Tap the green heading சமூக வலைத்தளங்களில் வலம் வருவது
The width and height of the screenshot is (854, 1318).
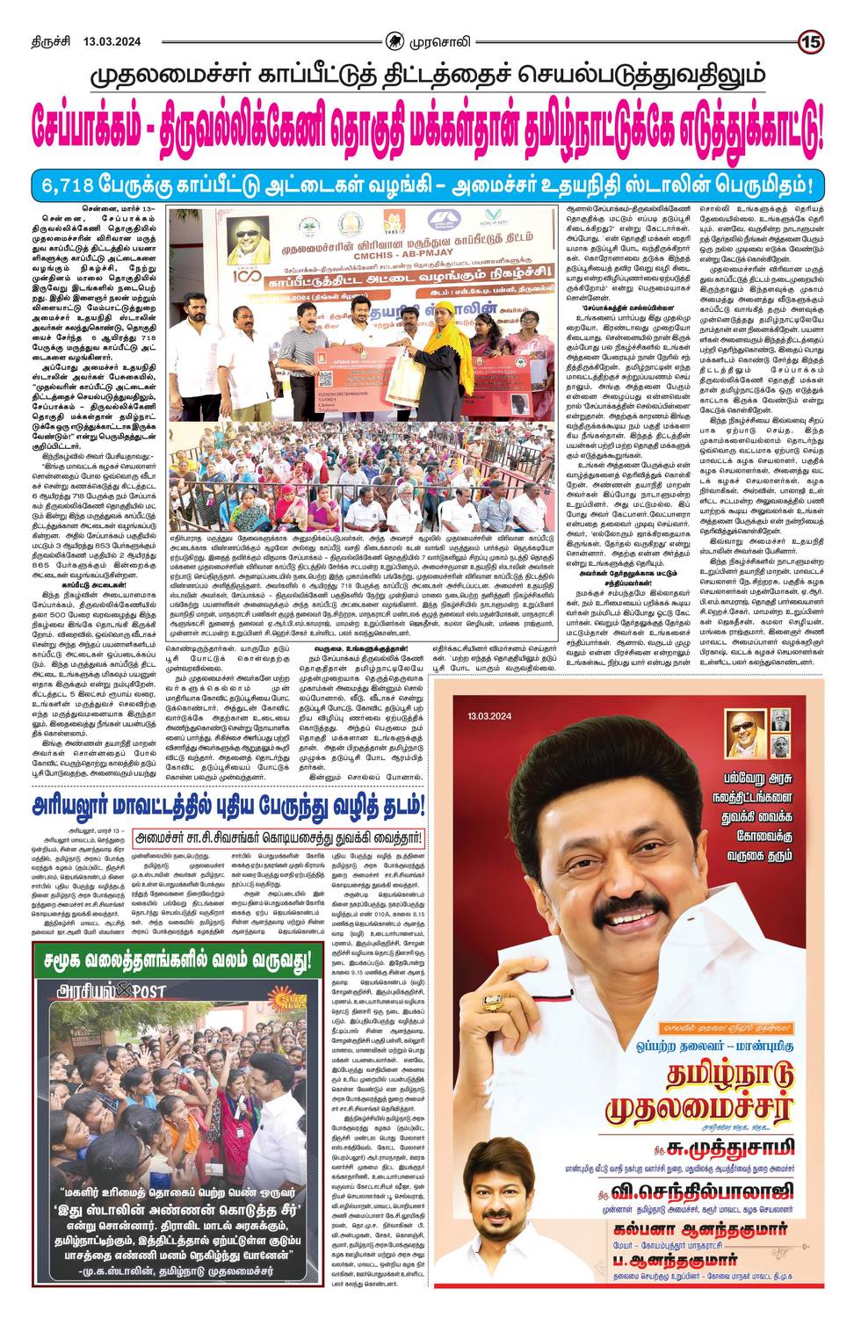click(x=172, y=959)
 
